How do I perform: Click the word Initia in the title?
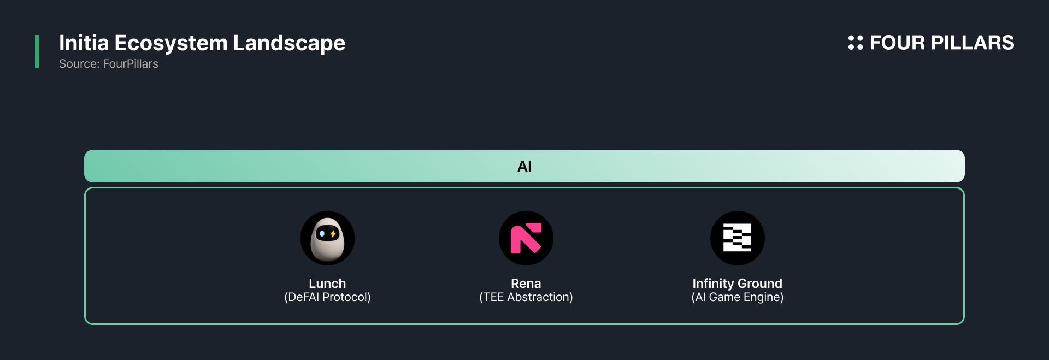pyautogui.click(x=84, y=43)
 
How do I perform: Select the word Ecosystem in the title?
pyautogui.click(x=171, y=44)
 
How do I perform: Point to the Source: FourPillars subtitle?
pyautogui.click(x=109, y=64)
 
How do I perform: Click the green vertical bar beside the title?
pyautogui.click(x=37, y=51)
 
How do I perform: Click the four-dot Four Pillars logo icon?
pyautogui.click(x=856, y=43)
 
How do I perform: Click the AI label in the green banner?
pyautogui.click(x=524, y=166)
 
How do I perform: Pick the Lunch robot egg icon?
pyautogui.click(x=327, y=238)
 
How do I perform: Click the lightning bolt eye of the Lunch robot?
pyautogui.click(x=333, y=234)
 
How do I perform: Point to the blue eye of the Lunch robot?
pyautogui.click(x=322, y=234)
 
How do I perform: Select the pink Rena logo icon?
pyautogui.click(x=526, y=238)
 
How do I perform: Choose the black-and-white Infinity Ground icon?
pyautogui.click(x=738, y=238)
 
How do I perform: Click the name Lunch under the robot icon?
pyautogui.click(x=327, y=284)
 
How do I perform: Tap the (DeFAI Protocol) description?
pyautogui.click(x=327, y=297)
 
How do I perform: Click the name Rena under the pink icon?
pyautogui.click(x=526, y=284)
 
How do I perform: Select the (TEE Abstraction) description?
pyautogui.click(x=526, y=297)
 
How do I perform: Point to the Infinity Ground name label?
pyautogui.click(x=738, y=284)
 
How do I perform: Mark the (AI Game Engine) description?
pyautogui.click(x=738, y=297)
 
